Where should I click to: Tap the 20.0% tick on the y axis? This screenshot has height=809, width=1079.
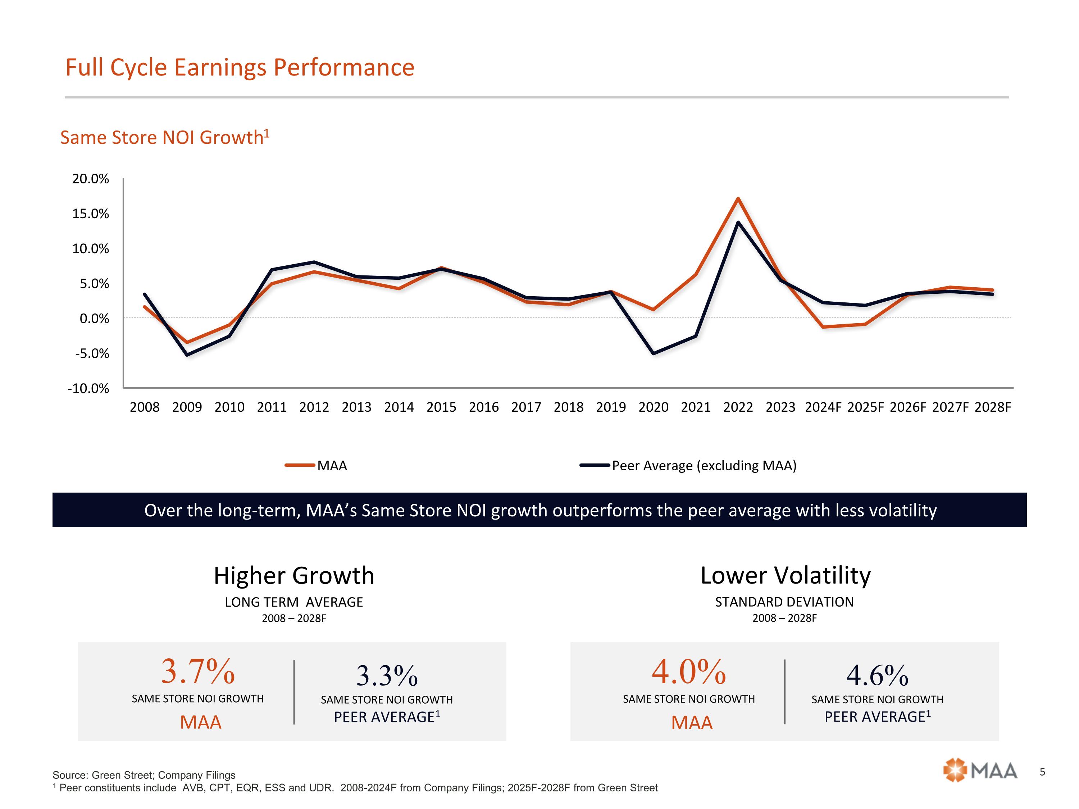coord(91,179)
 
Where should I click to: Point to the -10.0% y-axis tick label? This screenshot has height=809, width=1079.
coord(88,389)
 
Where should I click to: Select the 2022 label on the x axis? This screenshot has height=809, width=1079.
coord(738,407)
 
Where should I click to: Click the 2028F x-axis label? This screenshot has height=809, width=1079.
coord(993,407)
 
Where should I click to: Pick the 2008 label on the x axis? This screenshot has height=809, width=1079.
coord(144,407)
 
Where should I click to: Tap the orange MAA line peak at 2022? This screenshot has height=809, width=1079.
coord(738,198)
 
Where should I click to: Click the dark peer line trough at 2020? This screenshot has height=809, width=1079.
coord(653,353)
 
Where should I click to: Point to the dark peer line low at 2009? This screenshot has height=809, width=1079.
coord(187,355)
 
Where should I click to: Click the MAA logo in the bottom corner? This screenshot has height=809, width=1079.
coord(980,771)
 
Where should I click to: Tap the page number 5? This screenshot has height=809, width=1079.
coord(1042,772)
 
